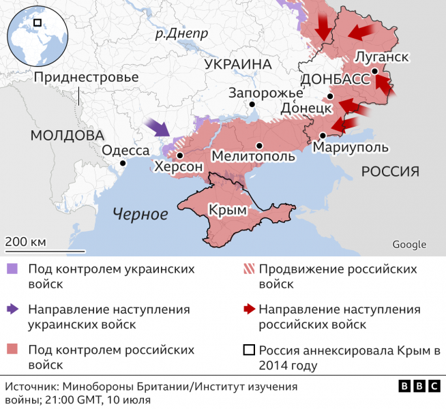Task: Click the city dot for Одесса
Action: tap(123, 163)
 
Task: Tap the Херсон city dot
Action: tap(179, 155)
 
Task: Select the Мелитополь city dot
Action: tap(259, 145)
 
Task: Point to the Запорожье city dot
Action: tap(252, 104)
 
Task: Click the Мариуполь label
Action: tap(352, 147)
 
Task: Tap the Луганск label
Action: tap(382, 57)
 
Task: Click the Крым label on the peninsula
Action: tap(228, 211)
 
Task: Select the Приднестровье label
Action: tap(86, 77)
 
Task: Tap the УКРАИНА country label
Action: tap(237, 64)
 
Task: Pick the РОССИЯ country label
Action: tap(389, 171)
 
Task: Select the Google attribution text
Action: tap(409, 245)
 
